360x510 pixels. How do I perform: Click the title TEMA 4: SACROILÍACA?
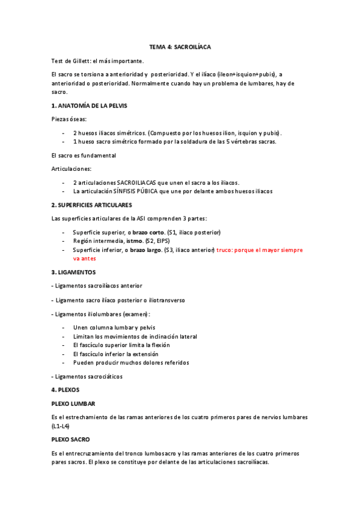pos(180,46)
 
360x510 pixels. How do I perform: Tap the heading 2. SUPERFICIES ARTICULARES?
pos(91,205)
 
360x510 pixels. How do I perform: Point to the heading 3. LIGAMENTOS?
pos(73,272)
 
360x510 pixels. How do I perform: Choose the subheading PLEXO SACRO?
pos(70,440)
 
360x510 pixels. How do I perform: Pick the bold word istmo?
pos(134,241)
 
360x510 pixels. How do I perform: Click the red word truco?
pos(227,250)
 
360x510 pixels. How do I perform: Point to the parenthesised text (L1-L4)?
pos(61,426)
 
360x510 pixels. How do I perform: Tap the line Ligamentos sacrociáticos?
pos(88,376)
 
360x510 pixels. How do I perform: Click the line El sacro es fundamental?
pos(84,155)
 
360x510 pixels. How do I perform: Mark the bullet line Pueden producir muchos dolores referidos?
pos(131,363)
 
